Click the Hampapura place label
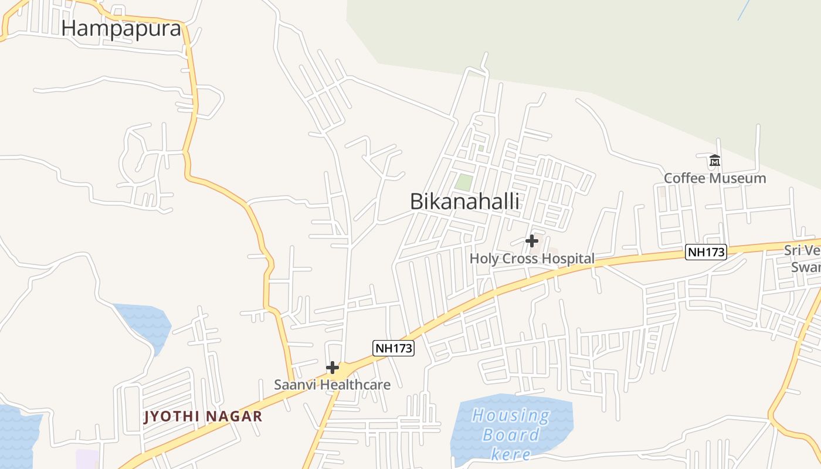(121, 28)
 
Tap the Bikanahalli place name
(464, 201)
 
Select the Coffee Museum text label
(715, 178)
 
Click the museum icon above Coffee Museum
(714, 160)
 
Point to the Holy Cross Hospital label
(532, 259)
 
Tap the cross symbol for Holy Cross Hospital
(532, 240)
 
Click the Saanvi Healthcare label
(332, 385)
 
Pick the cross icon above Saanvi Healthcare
(333, 368)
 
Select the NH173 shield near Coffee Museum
(706, 252)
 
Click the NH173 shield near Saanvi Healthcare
(393, 348)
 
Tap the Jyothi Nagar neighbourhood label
(203, 417)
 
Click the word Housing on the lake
(511, 416)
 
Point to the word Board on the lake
(511, 435)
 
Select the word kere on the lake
(511, 454)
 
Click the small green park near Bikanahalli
(464, 182)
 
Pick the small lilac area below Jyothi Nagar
(87, 459)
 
